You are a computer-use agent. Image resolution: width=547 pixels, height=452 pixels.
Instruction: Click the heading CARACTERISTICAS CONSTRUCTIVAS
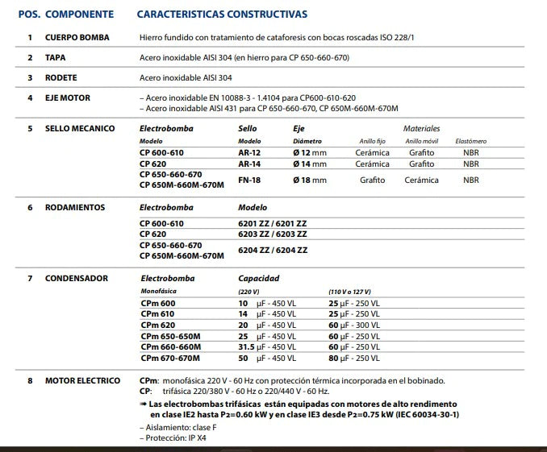click(222, 15)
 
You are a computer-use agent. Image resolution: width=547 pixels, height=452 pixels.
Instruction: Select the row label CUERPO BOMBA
click(77, 38)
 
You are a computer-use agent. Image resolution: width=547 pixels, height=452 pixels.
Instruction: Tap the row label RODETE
click(61, 77)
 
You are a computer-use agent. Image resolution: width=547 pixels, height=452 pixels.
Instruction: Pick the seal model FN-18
click(250, 180)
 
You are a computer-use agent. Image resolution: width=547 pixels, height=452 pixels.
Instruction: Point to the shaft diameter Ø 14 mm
click(310, 164)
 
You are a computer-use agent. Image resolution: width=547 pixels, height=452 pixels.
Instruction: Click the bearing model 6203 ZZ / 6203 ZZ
click(273, 234)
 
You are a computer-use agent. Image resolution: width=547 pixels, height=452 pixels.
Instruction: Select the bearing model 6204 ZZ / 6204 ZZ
click(273, 250)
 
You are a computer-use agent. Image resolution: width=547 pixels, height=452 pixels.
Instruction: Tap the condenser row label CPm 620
click(158, 325)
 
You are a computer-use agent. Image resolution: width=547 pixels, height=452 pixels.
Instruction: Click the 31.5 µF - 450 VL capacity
click(267, 347)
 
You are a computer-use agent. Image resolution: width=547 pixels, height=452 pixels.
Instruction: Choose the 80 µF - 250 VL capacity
click(354, 358)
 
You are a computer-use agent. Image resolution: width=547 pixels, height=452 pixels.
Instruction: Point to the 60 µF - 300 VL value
click(354, 325)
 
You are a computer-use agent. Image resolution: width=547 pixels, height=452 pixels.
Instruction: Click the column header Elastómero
click(471, 141)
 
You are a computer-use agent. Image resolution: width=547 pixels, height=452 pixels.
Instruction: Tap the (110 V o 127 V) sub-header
click(353, 291)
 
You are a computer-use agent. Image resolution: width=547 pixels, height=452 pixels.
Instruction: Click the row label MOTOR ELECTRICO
click(82, 380)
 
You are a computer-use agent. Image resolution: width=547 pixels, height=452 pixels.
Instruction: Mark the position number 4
click(30, 98)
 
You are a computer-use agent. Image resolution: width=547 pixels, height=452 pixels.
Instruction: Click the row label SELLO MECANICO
click(80, 128)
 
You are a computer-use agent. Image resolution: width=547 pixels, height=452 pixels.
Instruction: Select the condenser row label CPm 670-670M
click(170, 358)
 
